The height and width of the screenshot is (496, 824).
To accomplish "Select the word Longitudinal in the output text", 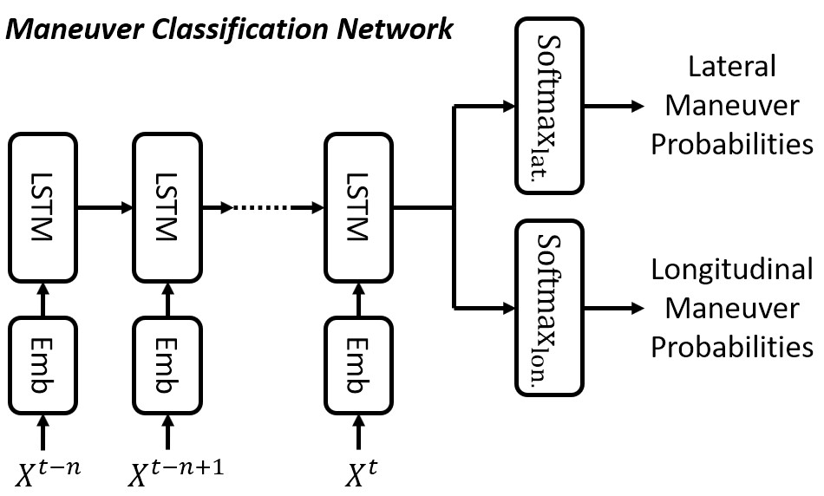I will tap(732, 270).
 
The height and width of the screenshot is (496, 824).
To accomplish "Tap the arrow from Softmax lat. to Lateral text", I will tap(614, 107).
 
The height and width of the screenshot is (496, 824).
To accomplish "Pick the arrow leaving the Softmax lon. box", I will tap(614, 307).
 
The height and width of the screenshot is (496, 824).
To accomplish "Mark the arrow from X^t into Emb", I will tap(358, 431).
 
